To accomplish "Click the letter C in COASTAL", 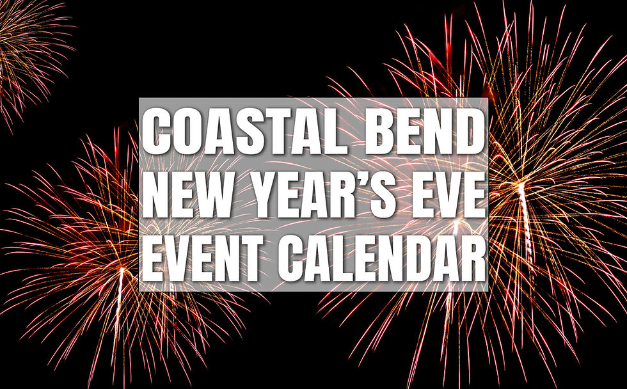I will [159, 133].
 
